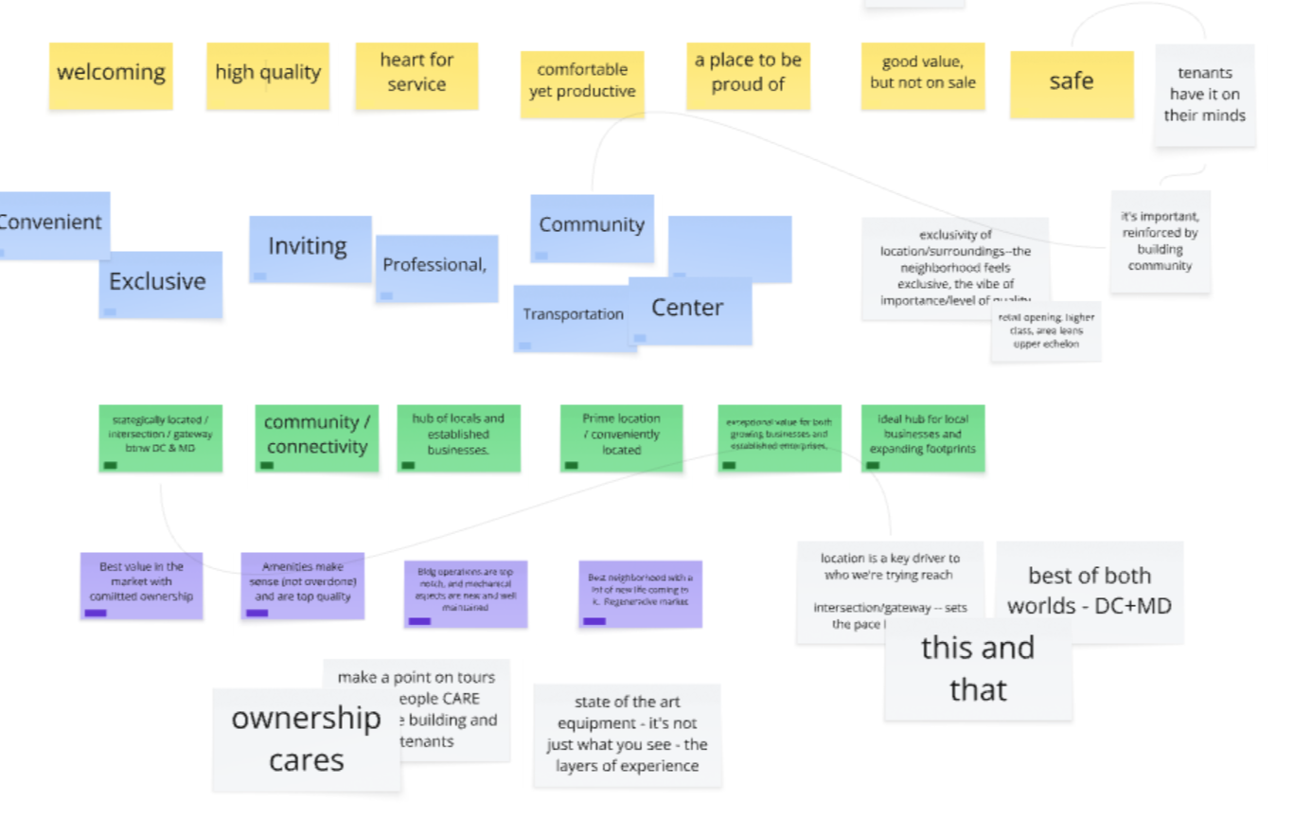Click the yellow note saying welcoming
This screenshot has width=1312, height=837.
[111, 75]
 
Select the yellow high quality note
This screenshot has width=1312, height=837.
[268, 75]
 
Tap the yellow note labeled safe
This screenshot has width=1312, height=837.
[1072, 83]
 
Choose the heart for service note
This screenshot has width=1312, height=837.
[417, 75]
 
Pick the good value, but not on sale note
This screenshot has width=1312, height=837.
[922, 75]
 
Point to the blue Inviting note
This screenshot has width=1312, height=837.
[309, 247]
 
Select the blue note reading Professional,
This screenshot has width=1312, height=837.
[436, 268]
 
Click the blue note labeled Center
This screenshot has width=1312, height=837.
[690, 310]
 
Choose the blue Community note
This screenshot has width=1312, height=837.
[592, 226]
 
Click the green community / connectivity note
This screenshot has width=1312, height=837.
[316, 436]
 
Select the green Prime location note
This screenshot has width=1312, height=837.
[621, 436]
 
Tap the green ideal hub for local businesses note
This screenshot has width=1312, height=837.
[922, 436]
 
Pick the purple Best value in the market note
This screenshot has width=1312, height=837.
[141, 584]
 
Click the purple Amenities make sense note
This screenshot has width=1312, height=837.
[302, 584]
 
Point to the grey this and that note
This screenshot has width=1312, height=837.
[978, 669]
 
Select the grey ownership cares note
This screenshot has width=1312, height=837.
[306, 739]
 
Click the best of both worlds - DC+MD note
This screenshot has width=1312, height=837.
[1089, 591]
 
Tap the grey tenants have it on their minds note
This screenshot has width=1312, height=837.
[1204, 95]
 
